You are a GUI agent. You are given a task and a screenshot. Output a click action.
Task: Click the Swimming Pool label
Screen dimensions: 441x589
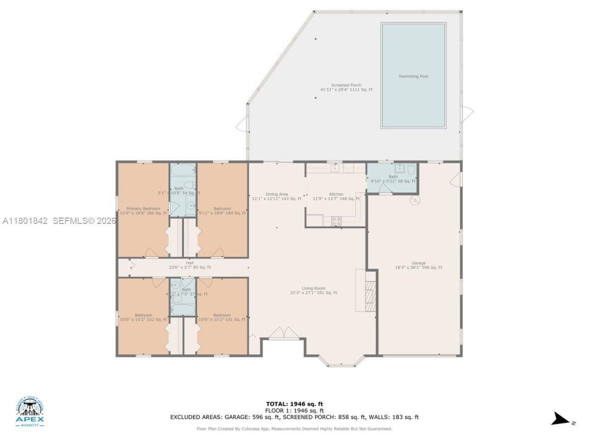pos(413,76)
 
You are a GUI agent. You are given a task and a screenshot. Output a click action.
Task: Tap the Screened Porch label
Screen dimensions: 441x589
pos(346,87)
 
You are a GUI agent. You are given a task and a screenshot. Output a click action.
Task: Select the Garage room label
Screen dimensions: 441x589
pos(418,265)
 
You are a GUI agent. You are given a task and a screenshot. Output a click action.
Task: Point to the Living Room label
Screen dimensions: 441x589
pos(313,290)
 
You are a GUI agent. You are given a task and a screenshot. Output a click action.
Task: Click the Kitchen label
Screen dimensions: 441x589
pos(336,196)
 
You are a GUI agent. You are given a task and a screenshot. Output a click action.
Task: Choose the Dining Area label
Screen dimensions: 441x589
pos(277,196)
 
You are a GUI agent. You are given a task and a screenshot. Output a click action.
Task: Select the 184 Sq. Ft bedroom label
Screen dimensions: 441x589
pos(222,210)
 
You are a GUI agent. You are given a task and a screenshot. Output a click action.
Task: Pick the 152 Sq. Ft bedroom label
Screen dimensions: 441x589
pos(143,317)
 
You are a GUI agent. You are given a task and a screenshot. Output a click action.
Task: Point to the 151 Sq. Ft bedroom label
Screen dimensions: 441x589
pos(222,317)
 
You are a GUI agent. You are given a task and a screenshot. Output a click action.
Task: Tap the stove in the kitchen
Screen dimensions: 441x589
pos(336,221)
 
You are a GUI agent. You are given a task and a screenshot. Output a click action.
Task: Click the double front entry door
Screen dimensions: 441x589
pos(282,333)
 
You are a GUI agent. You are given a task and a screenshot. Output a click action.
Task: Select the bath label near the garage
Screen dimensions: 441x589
pos(393,179)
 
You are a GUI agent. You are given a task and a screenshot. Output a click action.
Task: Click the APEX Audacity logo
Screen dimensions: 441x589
pos(30,412)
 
